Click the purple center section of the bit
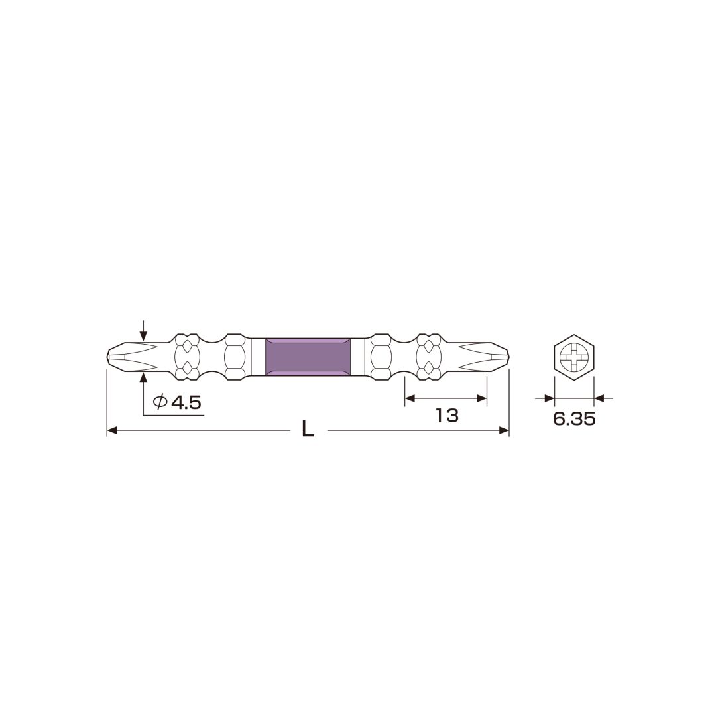tap(308, 357)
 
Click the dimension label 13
tap(447, 416)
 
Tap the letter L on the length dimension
tap(308, 429)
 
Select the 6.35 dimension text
tap(574, 419)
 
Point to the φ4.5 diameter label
tap(177, 402)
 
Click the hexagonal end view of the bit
tap(574, 357)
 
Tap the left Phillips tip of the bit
tap(133, 357)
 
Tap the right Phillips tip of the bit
tap(483, 357)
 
